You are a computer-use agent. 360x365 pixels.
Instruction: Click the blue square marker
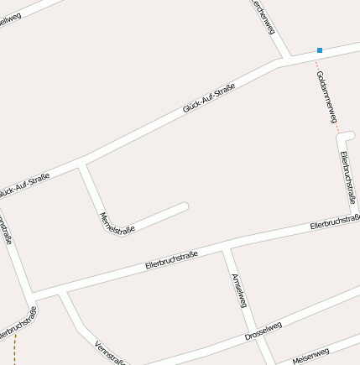coord(320,50)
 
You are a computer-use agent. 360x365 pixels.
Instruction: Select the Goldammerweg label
coord(326,96)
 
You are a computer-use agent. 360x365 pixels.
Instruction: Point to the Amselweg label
coord(238,289)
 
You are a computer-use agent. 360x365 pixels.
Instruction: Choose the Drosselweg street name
coord(263,330)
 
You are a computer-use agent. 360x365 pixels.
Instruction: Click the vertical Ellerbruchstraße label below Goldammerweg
coord(343,176)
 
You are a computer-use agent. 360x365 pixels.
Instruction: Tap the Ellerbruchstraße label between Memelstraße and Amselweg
coord(171,258)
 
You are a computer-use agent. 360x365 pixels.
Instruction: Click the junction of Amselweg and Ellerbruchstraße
coord(225,249)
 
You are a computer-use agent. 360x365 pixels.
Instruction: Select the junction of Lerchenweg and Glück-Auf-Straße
coord(288,59)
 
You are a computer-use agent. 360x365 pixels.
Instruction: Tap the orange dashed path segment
coord(15,348)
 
